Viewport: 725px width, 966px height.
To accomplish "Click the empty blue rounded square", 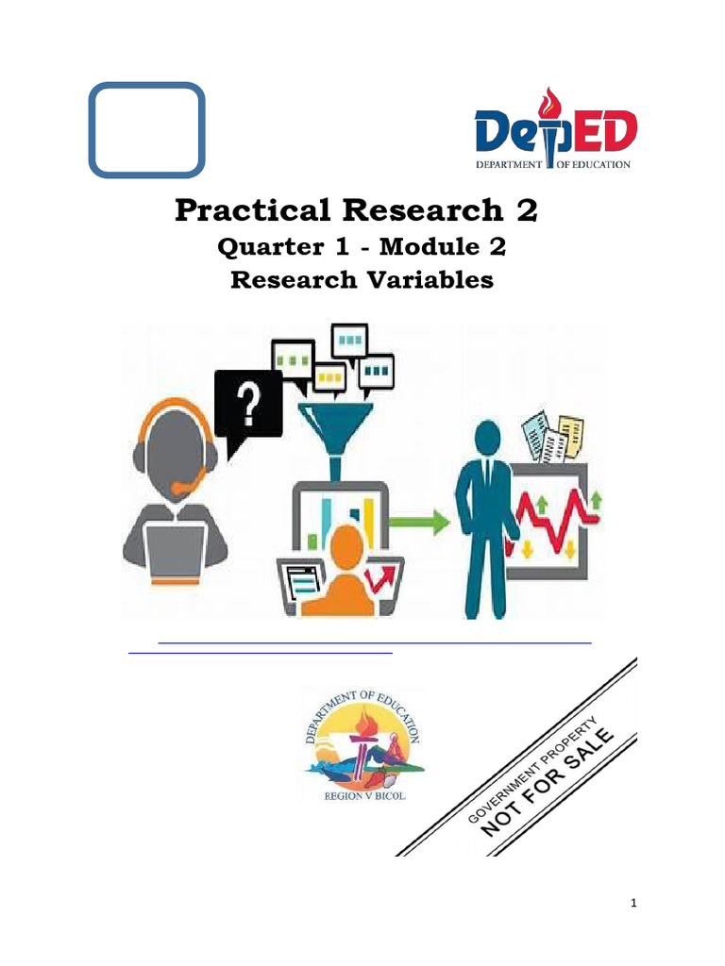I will point(146,130).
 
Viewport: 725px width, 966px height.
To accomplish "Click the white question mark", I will point(249,402).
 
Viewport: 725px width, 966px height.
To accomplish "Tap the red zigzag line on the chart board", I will point(552,515).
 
